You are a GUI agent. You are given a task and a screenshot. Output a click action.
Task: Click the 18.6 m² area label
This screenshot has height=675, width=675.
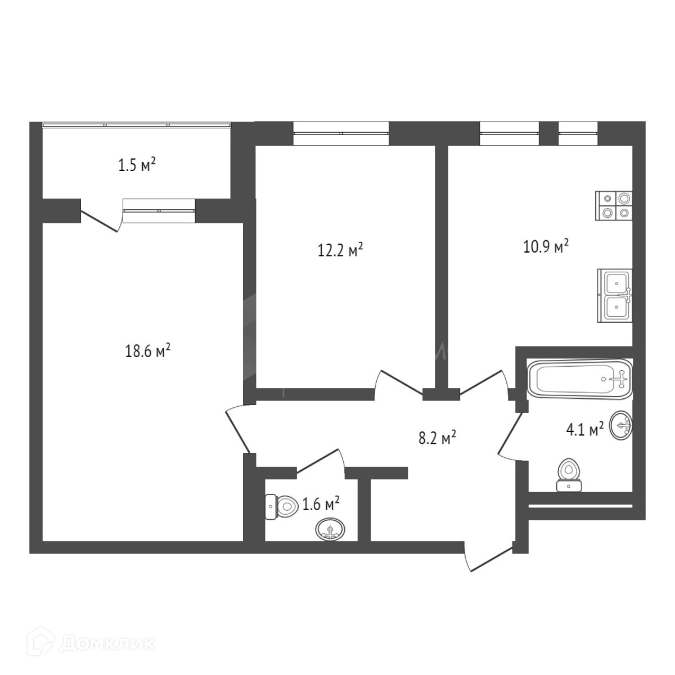pyautogui.click(x=147, y=352)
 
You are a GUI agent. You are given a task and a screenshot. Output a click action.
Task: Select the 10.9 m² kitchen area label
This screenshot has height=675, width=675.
pyautogui.click(x=546, y=246)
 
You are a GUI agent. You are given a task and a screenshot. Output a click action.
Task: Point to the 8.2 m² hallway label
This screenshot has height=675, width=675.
pyautogui.click(x=436, y=438)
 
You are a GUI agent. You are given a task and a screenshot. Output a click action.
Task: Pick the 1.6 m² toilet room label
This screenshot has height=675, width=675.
pyautogui.click(x=321, y=504)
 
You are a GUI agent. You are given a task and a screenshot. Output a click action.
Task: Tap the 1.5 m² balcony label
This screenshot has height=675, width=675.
pyautogui.click(x=136, y=165)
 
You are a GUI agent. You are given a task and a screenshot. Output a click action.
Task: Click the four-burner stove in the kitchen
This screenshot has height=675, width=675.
pyautogui.click(x=615, y=205)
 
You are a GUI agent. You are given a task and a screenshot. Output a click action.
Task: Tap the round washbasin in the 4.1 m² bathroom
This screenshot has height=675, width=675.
pyautogui.click(x=621, y=426)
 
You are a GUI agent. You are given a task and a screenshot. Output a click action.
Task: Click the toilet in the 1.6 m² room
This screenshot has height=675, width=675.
pyautogui.click(x=281, y=507)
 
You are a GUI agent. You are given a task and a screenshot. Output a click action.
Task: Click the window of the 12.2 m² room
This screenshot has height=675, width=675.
pyautogui.click(x=341, y=133)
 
